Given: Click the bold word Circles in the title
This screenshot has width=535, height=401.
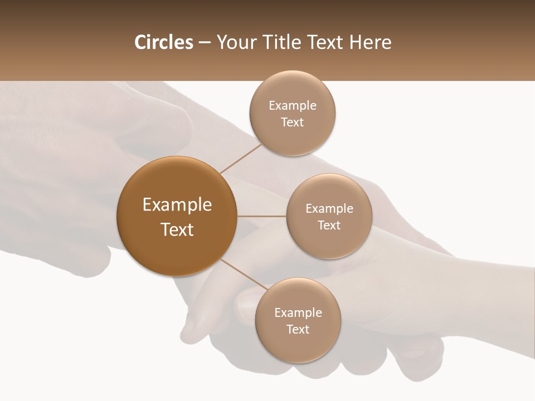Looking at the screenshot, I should click(x=163, y=42).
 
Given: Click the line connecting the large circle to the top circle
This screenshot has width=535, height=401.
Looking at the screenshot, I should click(x=241, y=158).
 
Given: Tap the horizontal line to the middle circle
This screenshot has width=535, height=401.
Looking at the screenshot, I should click(x=262, y=216).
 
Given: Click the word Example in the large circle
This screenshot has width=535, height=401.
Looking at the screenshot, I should click(x=177, y=205).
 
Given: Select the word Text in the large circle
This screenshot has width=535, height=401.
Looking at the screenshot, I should click(x=177, y=229).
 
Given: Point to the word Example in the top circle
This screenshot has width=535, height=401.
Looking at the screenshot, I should click(x=293, y=106).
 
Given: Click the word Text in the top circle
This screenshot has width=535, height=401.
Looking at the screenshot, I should click(x=293, y=123).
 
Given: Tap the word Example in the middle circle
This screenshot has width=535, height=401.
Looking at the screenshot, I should click(x=329, y=209).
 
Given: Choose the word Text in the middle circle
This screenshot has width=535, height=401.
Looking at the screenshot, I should click(x=329, y=225).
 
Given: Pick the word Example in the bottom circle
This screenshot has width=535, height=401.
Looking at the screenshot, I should click(x=298, y=313).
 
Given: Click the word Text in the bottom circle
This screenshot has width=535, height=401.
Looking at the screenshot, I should click(x=298, y=329).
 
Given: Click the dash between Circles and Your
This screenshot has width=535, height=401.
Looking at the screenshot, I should click(x=205, y=42).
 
